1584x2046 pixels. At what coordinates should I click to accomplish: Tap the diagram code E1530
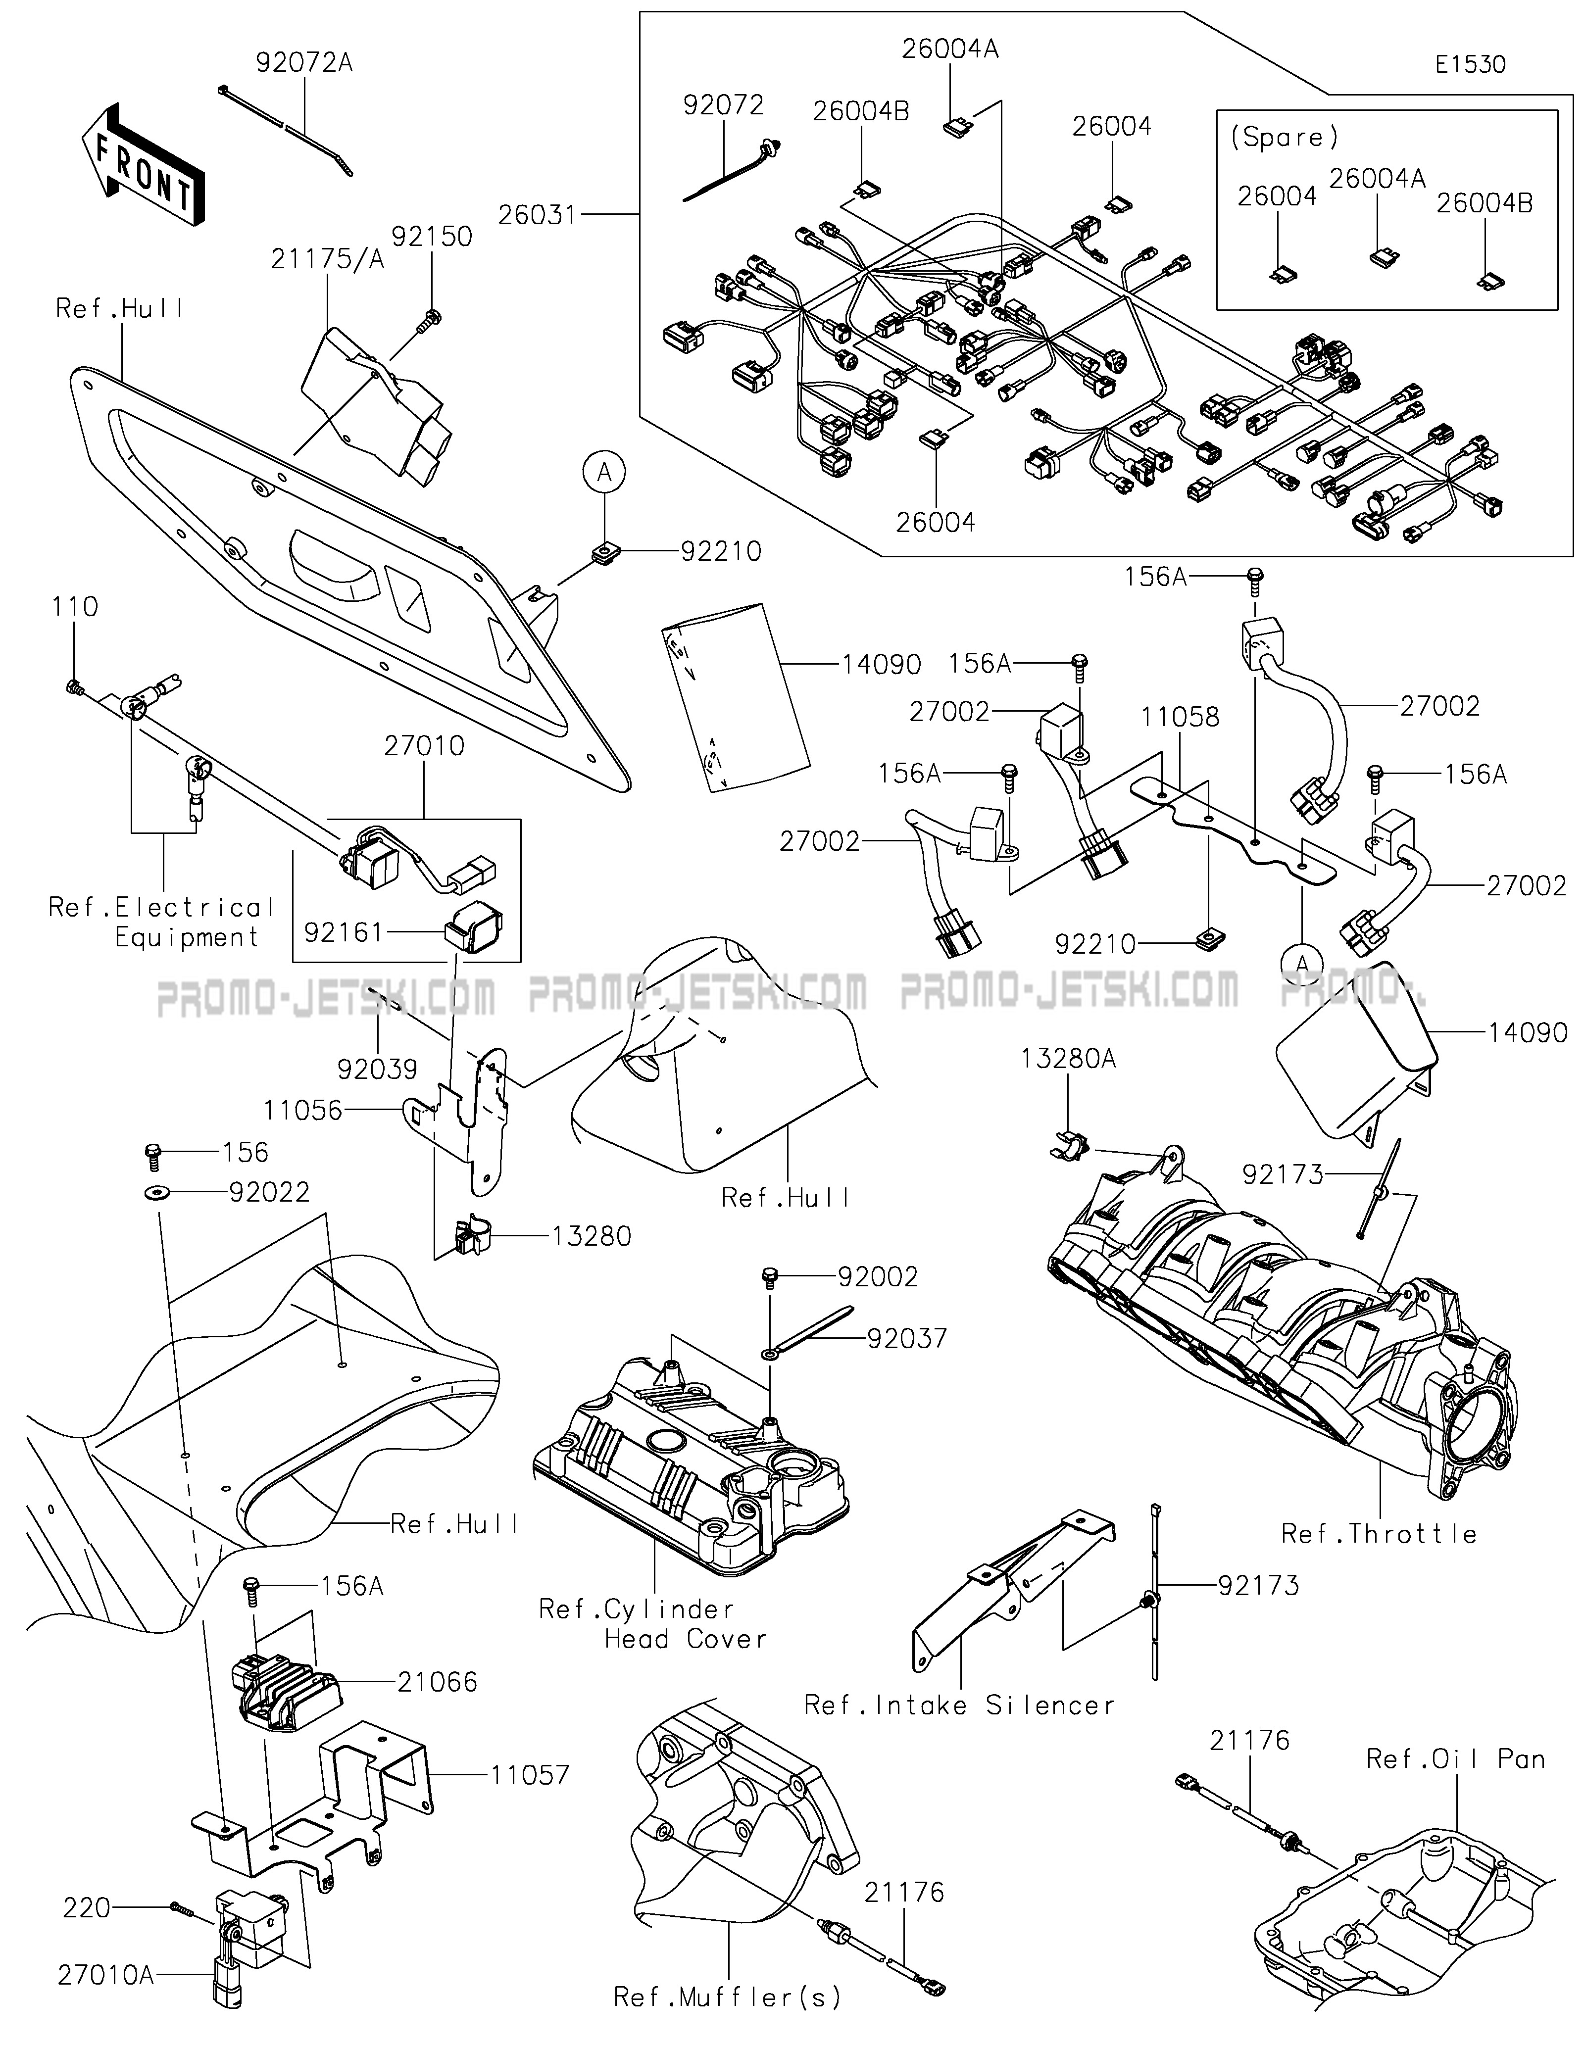[x=1470, y=65]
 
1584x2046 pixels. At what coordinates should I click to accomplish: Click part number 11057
[x=529, y=1775]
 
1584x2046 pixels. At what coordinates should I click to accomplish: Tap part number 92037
[x=907, y=1339]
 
